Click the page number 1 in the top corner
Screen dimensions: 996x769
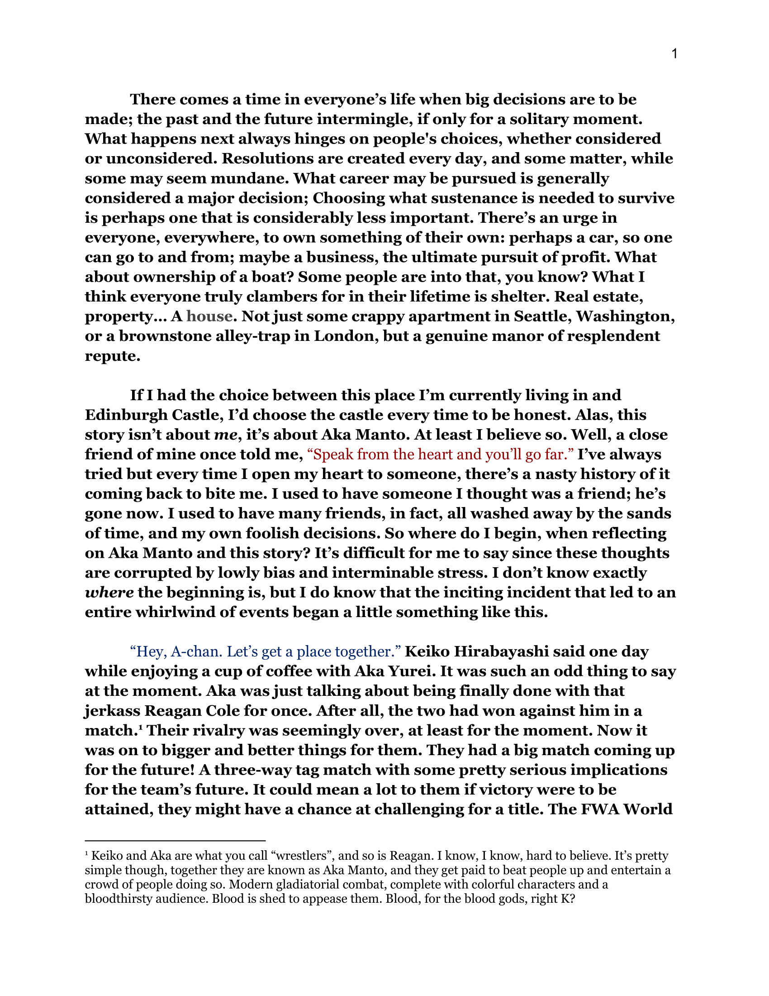pos(674,54)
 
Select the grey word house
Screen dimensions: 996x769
pos(209,316)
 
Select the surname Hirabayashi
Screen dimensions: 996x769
pos(502,651)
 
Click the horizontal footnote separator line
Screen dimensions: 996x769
pos(175,840)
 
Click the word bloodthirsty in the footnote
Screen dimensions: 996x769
pos(118,898)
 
